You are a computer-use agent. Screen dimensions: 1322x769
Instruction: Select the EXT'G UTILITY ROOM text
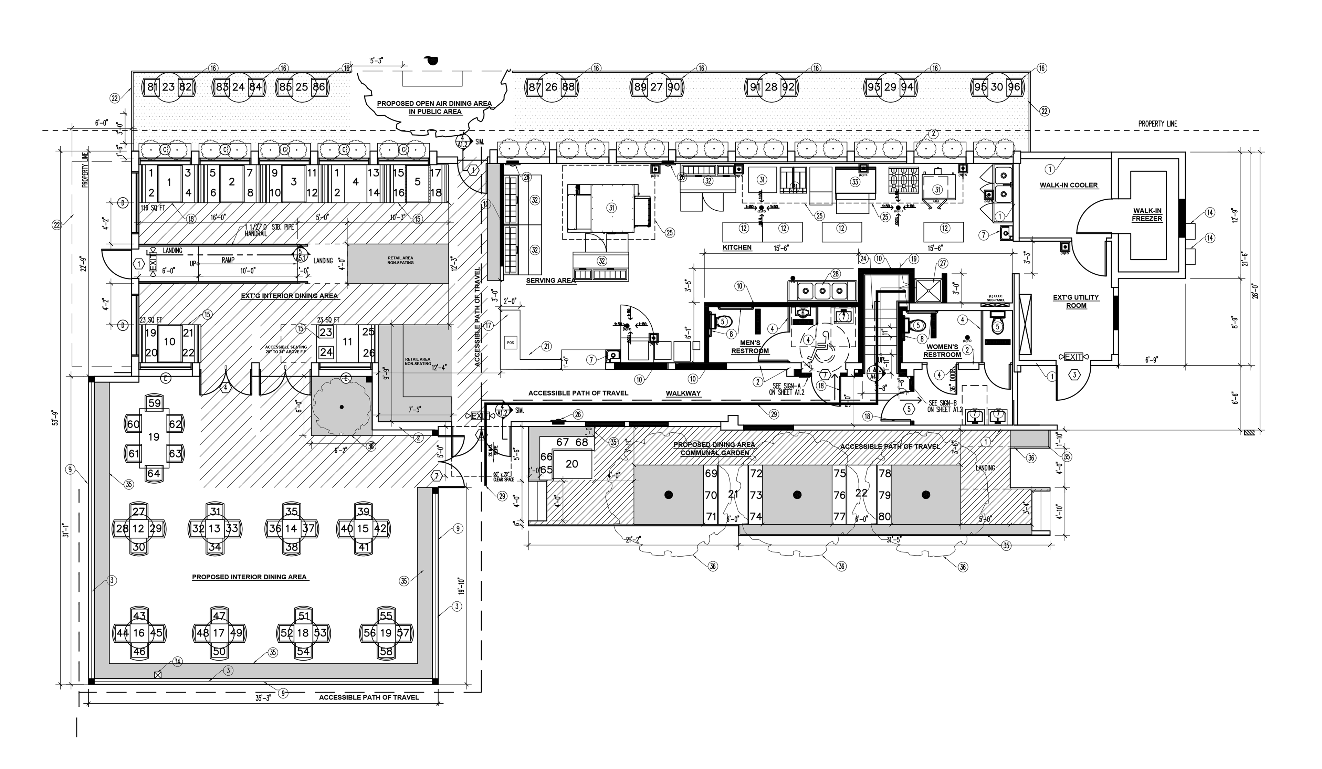click(x=1076, y=301)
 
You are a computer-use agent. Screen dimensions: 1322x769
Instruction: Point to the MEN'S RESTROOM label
click(x=750, y=347)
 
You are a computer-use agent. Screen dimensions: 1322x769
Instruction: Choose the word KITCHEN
click(x=737, y=247)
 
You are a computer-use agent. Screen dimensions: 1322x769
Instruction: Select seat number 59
click(x=154, y=403)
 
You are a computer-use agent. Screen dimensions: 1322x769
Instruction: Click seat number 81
click(x=152, y=87)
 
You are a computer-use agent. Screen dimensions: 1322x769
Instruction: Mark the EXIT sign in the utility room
click(x=1073, y=357)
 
